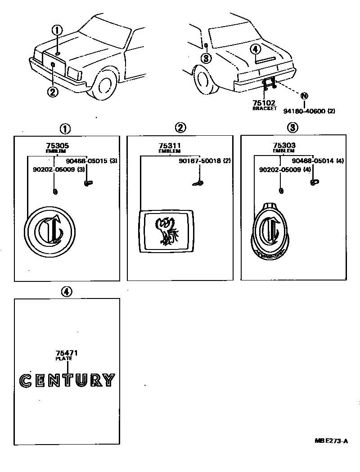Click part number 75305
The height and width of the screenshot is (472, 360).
pos(57,146)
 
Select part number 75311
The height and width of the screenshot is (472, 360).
pos(170,146)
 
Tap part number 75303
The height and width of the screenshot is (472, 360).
pos(284,146)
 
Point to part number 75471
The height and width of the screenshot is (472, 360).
pos(64,353)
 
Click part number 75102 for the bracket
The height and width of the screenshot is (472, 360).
pos(264,103)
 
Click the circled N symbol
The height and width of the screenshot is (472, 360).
pos(304,96)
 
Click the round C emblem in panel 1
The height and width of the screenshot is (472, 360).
pos(49,231)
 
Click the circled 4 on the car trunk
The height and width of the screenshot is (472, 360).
pos(255,49)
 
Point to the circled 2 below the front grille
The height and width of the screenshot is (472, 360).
pos(53,92)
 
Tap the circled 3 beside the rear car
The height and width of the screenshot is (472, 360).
pos(206,58)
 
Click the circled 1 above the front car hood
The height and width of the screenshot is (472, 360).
pos(57,31)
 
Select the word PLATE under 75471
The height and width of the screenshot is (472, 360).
pos(64,359)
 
